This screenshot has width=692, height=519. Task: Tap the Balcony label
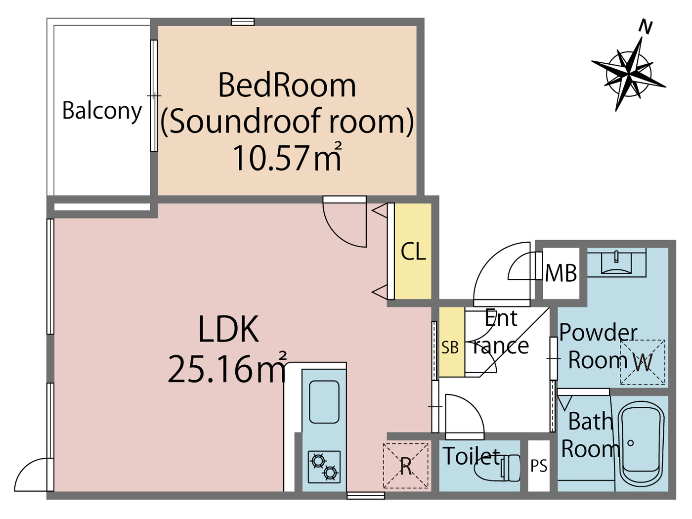102,111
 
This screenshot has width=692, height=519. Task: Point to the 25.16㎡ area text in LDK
227,369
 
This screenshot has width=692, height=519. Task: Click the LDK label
228,330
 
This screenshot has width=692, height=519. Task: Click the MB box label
561,273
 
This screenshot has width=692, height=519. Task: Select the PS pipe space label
539,466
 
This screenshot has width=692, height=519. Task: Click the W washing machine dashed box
643,362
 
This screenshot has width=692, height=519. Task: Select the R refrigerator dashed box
406,466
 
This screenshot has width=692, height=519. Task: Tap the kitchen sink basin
324,401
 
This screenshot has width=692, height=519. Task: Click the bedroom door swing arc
344,225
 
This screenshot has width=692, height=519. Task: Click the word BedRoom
287,86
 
